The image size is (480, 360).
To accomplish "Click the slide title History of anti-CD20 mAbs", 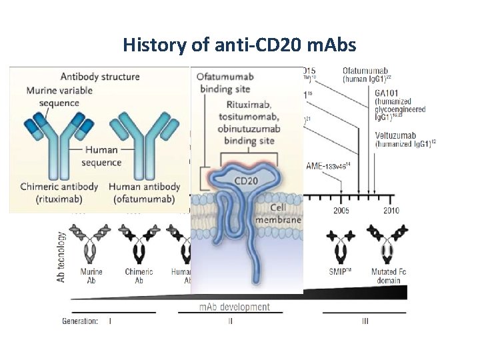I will click(x=239, y=45).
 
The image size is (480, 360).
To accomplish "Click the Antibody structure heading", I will click(x=99, y=76).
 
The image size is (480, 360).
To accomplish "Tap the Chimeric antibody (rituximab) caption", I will click(x=60, y=193).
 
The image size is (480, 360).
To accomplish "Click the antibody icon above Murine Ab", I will click(x=91, y=244).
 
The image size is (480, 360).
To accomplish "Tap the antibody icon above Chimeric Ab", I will click(x=139, y=244).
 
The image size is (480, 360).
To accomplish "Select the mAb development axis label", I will click(x=235, y=307).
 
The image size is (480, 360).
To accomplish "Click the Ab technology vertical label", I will click(x=62, y=257).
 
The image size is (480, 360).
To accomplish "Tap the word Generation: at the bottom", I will click(x=80, y=321).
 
